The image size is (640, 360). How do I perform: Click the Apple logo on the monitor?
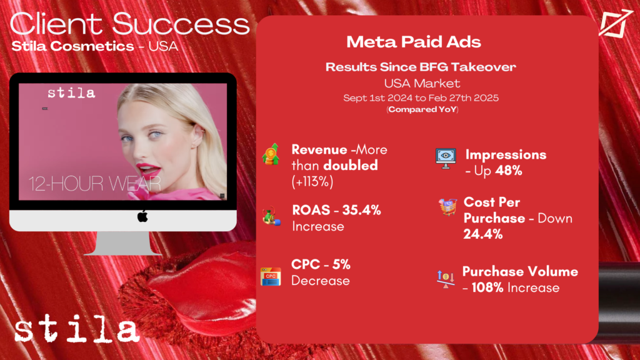pyautogui.click(x=142, y=216)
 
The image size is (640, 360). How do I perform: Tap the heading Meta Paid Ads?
pyautogui.click(x=414, y=42)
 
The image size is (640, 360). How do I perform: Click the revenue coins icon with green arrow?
pyautogui.click(x=271, y=154)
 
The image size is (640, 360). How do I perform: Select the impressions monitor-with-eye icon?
pyautogui.click(x=446, y=158)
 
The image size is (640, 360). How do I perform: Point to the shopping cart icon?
pyautogui.click(x=447, y=207)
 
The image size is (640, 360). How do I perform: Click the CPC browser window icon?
pyautogui.click(x=271, y=276)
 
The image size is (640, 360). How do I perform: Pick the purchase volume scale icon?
pyautogui.click(x=446, y=279)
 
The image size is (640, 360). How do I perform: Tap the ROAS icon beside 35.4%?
pyautogui.click(x=271, y=216)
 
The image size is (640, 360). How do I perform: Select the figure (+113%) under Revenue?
pyautogui.click(x=312, y=181)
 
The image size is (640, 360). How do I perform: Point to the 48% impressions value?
pyautogui.click(x=509, y=171)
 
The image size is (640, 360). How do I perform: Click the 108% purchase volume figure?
pyautogui.click(x=487, y=287)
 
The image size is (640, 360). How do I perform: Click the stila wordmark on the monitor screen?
pyautogui.click(x=71, y=93)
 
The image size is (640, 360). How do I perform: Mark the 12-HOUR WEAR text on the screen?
pyautogui.click(x=95, y=184)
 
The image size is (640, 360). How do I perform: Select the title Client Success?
pyautogui.click(x=130, y=24)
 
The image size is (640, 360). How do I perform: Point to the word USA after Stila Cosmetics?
pyautogui.click(x=163, y=46)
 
